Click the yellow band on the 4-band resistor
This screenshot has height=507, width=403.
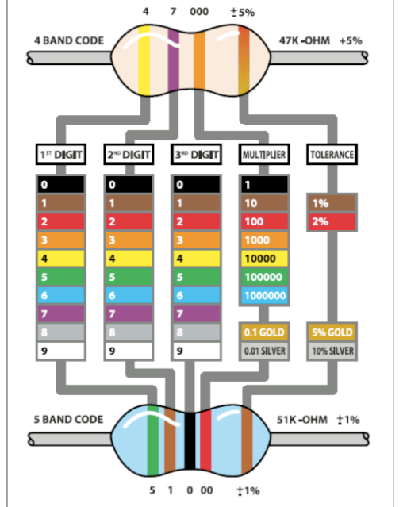pos(144,60)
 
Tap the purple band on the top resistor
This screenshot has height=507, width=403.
pos(174,60)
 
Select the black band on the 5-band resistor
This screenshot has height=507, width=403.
pos(190,441)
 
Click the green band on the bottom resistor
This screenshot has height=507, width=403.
pos(153,440)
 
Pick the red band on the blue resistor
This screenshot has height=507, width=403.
pos(205,441)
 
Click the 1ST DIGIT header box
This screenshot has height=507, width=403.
pos(61,155)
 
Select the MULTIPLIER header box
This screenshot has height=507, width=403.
pos(264,155)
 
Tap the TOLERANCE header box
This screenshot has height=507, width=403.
pos(332,155)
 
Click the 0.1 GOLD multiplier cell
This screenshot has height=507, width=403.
pos(264,332)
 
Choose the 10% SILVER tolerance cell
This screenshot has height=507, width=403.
pos(332,351)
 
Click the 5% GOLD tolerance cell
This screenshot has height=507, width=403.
pos(332,332)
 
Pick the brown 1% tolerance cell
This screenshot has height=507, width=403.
pos(332,203)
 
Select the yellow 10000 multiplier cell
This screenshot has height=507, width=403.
pos(264,259)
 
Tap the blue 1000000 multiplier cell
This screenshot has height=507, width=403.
pos(264,295)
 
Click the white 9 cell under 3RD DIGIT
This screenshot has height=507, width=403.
pos(196,351)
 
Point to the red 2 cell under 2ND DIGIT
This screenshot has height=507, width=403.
pos(129,221)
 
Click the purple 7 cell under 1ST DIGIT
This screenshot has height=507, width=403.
pos(61,313)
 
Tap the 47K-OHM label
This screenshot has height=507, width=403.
pos(305,40)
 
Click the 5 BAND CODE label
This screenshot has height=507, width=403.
pos(68,420)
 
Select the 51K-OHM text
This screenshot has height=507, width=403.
pos(301,420)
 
